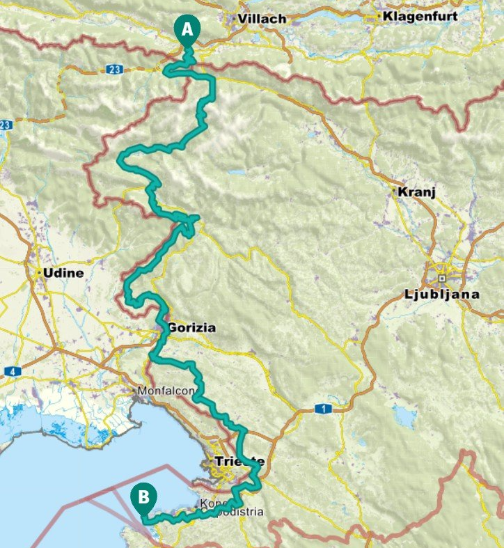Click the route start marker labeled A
[188, 29]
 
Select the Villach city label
[262, 19]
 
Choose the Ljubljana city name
[441, 294]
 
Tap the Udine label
[63, 273]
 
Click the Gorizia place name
[191, 327]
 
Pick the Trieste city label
[239, 462]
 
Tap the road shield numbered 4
[12, 371]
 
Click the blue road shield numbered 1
[322, 409]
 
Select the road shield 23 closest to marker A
[115, 69]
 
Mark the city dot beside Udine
[38, 273]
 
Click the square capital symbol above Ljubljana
[441, 278]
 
